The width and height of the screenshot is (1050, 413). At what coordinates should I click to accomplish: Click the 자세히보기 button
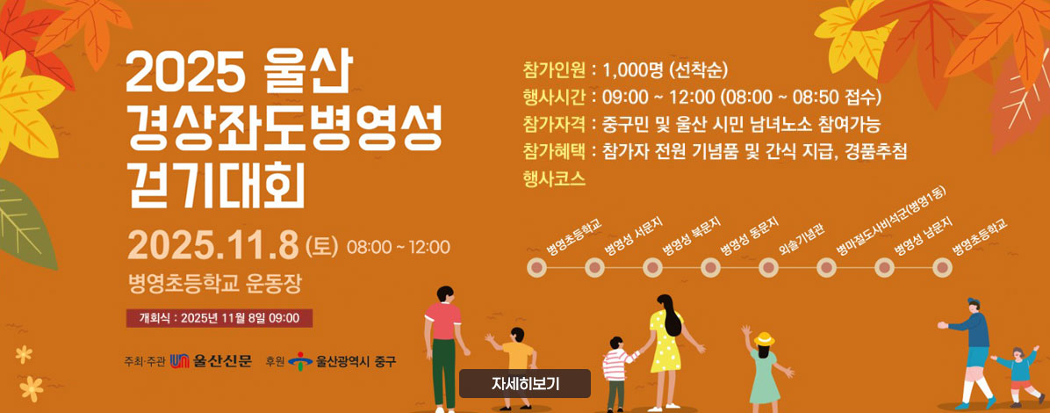(525, 383)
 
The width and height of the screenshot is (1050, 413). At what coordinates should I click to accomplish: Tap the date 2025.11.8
(214, 244)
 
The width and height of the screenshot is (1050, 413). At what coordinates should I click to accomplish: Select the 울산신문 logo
(212, 360)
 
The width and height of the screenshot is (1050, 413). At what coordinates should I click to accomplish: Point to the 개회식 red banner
(219, 318)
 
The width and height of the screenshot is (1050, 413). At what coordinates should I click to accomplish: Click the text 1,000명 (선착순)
(665, 70)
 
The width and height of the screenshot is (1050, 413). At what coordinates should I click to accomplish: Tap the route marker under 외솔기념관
(769, 267)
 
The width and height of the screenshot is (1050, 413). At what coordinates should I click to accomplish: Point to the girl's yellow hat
(764, 338)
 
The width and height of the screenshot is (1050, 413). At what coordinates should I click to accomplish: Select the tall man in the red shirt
(443, 343)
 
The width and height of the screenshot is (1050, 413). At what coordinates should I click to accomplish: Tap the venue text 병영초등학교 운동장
(214, 282)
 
